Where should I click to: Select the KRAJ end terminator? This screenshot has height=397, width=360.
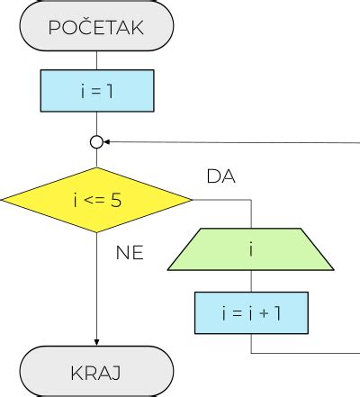96,372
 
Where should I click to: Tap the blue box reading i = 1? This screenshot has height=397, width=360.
96,90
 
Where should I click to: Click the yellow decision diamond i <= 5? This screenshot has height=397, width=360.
96,199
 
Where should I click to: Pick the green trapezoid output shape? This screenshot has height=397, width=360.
251,248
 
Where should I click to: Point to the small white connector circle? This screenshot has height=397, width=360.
96,141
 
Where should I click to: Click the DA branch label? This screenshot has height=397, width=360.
220,176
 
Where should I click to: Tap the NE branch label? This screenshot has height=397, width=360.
130,252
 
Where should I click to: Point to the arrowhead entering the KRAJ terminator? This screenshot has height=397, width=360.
96,342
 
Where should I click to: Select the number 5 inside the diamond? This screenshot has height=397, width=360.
116,200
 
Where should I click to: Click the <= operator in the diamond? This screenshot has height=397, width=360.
94,200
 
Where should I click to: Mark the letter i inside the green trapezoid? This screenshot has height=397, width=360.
251,248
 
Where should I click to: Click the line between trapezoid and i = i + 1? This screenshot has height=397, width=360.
251,281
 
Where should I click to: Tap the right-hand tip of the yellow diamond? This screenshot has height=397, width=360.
191,199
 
